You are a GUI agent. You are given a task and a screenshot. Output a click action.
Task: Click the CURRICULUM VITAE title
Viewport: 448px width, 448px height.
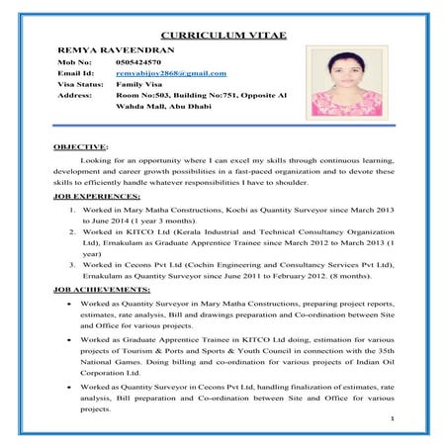[224, 36]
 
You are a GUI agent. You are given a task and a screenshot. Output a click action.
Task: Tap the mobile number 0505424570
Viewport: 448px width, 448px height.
[139, 60]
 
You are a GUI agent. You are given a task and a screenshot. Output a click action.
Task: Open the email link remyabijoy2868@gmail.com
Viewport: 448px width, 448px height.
[171, 73]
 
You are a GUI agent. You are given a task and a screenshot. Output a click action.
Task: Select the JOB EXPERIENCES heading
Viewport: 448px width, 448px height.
[96, 198]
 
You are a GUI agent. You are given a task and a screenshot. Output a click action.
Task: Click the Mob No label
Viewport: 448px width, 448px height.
[74, 60]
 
